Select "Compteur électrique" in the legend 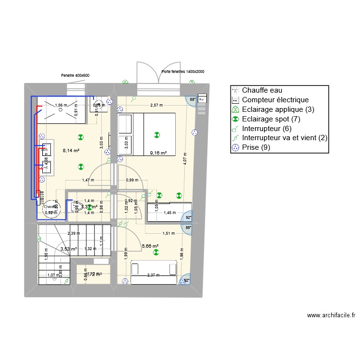click(x=276, y=100)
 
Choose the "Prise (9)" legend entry click(x=258, y=148)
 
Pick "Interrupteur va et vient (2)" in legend click(x=285, y=138)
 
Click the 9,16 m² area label click(x=158, y=153)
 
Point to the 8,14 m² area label click(x=71, y=150)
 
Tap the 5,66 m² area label click(x=150, y=246)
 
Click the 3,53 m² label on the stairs click(x=69, y=249)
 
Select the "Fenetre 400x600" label click(x=75, y=75)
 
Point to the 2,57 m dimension click(x=156, y=105)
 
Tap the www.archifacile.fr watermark click(x=331, y=315)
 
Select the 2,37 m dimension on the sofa click(x=154, y=276)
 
